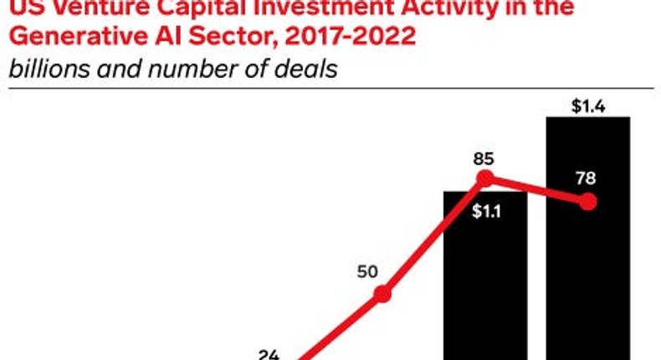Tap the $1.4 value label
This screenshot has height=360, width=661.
[587, 105]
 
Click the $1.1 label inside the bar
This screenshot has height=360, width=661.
[484, 211]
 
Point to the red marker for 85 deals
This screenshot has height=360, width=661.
[484, 178]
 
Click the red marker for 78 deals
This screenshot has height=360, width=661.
[587, 202]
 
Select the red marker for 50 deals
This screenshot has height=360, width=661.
[382, 294]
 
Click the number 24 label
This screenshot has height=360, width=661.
[268, 354]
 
